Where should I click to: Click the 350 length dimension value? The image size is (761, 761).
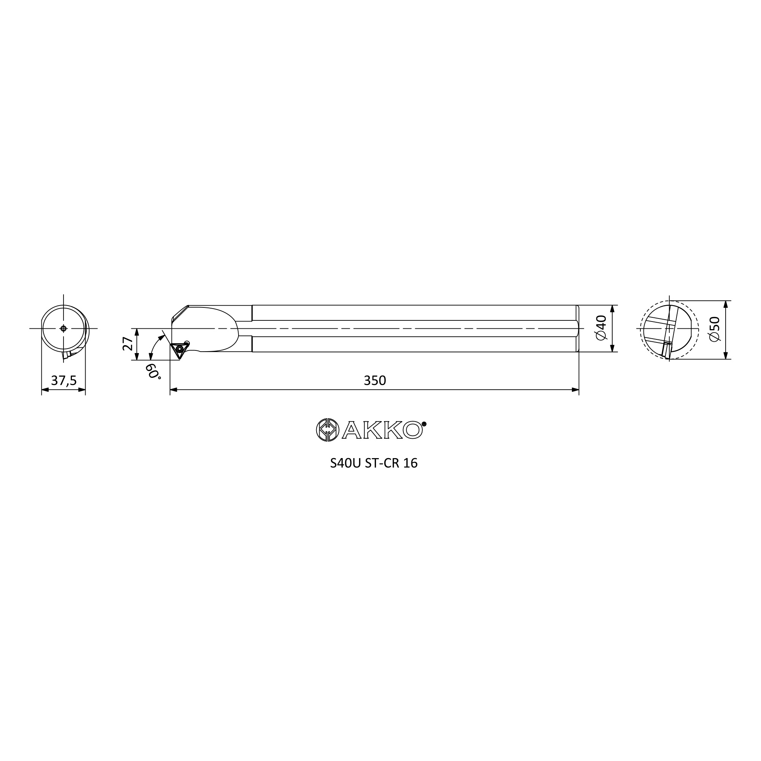pos(374,380)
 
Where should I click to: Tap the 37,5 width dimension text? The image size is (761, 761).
pos(64,380)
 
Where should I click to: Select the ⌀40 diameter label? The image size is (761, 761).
pos(602,328)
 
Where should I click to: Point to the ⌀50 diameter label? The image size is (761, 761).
pos(714,329)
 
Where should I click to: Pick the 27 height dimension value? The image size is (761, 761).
pos(128,344)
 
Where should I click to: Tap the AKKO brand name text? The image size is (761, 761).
pos(382,430)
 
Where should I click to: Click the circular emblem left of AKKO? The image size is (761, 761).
pos(328,430)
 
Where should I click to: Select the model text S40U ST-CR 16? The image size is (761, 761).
pos(374,463)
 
